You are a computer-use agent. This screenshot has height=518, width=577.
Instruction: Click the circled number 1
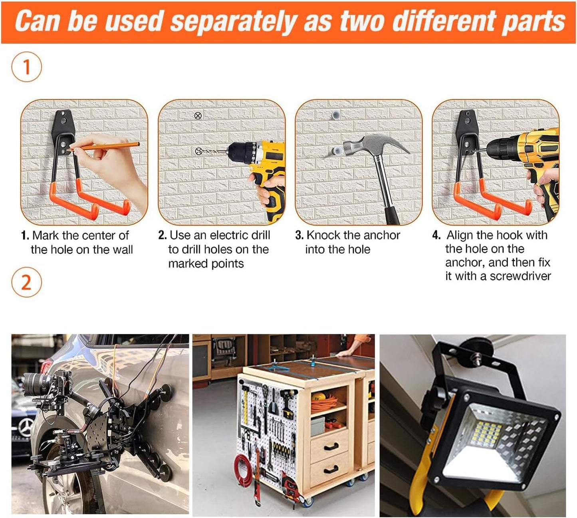point(26,67)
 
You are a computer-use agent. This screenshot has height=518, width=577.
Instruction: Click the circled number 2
point(26,282)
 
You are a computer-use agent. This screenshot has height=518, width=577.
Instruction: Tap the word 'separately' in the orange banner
point(233,22)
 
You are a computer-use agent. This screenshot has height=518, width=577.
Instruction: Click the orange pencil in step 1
point(104,147)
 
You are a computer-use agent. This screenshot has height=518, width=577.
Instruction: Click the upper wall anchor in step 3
point(336,115)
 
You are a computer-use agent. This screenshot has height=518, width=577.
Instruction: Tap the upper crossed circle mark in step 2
point(198,116)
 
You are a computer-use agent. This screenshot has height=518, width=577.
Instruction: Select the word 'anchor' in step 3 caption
point(382,235)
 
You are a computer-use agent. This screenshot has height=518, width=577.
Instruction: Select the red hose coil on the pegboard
point(244,470)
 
